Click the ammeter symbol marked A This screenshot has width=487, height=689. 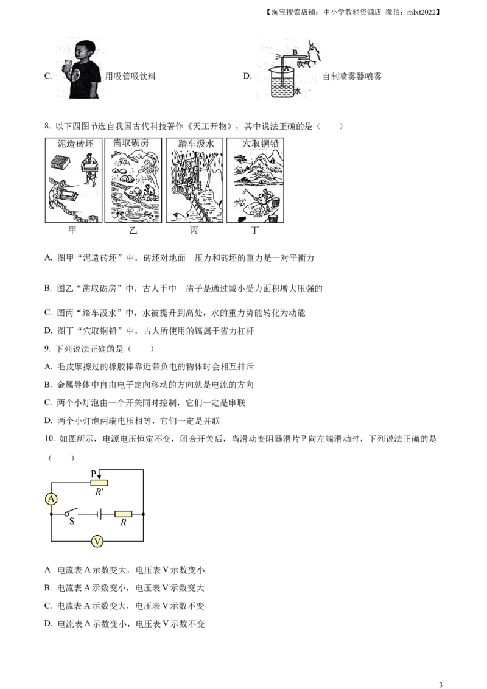pos(52,499)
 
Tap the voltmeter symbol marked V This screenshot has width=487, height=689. pos(96,541)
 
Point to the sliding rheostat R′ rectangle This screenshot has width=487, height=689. pos(99,483)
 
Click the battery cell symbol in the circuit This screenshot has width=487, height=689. pos(99,514)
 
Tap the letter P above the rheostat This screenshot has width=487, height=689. pos(93,474)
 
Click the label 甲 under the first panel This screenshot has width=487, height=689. pos(72,232)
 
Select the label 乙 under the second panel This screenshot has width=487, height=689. pos(134,232)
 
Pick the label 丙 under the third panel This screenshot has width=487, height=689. pos(194,232)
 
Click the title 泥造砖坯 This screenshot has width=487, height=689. pos(72,144)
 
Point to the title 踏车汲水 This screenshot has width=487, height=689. pos(194,144)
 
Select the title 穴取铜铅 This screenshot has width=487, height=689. pos(256,144)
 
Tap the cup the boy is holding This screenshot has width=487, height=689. pos(66,65)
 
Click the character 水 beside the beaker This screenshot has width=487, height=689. pos(298,90)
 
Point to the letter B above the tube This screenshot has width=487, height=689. pos(294,52)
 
